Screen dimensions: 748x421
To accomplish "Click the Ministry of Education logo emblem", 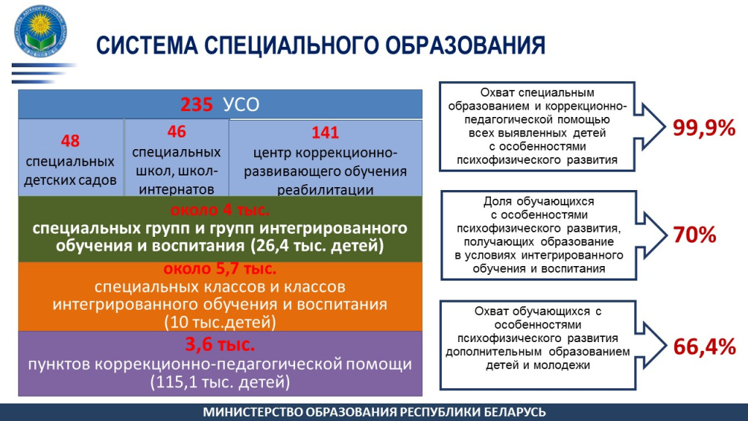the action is point(41,31).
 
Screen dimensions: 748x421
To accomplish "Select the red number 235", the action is point(196,105).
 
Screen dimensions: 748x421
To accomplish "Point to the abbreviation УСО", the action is point(241,105).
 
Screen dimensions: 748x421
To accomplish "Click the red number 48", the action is point(70,141).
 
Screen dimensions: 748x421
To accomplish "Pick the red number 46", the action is point(177,132).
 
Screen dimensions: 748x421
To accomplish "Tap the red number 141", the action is point(325,132).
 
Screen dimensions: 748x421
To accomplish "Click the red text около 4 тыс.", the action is point(220,210).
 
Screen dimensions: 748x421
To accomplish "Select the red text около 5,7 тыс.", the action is point(220,269).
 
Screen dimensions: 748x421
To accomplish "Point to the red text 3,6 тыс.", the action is point(220,344).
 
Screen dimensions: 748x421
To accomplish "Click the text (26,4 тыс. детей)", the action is point(317,246).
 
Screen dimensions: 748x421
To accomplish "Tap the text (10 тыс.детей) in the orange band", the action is point(220,322).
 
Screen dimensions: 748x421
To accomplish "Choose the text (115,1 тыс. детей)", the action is point(220,382).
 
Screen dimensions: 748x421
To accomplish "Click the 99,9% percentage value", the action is point(704,128).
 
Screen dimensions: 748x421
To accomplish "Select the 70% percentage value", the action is point(695,235).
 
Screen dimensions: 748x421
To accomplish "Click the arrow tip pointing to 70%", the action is point(666,235).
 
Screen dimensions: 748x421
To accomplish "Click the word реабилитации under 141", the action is point(325,190).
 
